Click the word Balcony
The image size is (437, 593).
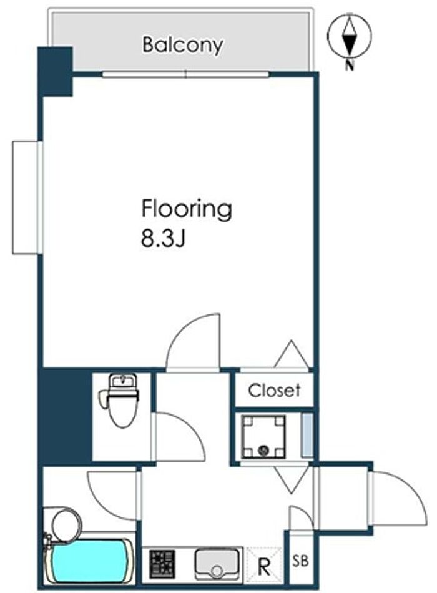[x=182, y=46]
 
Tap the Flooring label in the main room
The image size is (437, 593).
[x=187, y=209]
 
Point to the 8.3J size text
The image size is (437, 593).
[x=163, y=239]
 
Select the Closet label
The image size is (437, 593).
[x=274, y=391]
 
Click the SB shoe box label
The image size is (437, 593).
[x=301, y=561]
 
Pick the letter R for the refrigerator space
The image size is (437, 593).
[x=264, y=567]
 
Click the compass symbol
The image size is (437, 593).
[x=350, y=36]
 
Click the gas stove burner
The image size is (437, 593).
[x=162, y=563]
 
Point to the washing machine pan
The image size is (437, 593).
[x=263, y=436]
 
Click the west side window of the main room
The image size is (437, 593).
[x=28, y=197]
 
